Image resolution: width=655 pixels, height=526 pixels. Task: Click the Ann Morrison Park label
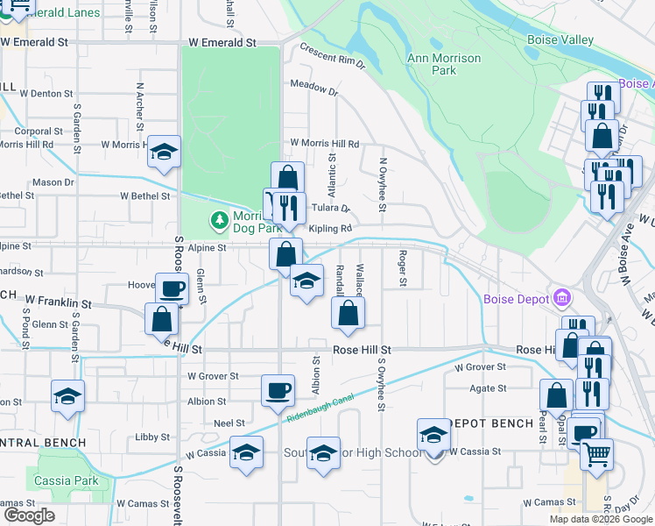[444, 64]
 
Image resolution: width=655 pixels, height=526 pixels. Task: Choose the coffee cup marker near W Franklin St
[172, 288]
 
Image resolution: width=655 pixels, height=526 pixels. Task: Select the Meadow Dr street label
[313, 89]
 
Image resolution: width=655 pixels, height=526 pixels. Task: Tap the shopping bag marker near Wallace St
[349, 312]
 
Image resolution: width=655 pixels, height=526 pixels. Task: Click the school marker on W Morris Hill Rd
[164, 151]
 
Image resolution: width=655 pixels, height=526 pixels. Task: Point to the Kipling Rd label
[329, 228]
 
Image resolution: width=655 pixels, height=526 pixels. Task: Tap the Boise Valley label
[560, 40]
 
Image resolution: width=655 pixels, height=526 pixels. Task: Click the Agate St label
[488, 388]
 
